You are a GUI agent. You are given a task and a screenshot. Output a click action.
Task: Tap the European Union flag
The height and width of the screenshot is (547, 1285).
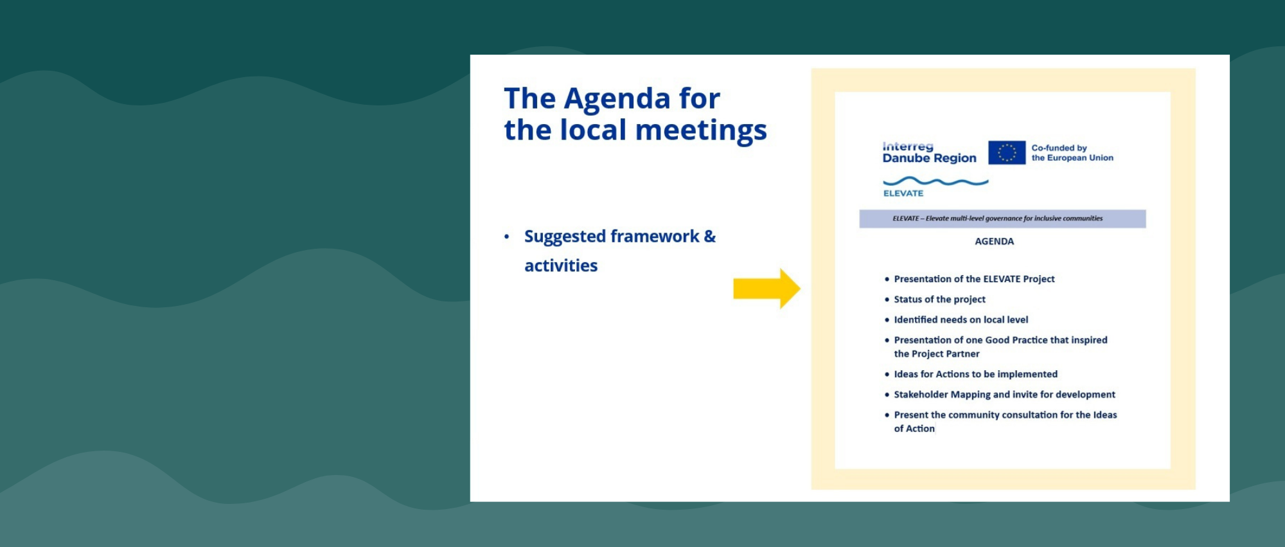(1007, 153)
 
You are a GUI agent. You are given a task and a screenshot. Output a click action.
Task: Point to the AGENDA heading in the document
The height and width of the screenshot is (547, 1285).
(994, 242)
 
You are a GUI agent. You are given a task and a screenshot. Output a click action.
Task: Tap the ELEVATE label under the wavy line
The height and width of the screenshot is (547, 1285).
(903, 193)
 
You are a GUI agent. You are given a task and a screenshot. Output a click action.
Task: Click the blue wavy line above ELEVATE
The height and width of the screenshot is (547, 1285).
(935, 181)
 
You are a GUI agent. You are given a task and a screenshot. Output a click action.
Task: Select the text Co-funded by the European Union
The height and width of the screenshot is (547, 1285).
(1072, 153)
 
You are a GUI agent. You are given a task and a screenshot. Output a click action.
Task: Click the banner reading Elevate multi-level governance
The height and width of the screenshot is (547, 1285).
(1002, 219)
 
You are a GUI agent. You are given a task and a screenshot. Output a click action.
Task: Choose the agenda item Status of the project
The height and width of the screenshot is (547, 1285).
(939, 300)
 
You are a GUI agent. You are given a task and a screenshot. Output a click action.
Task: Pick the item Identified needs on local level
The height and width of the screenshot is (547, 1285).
(961, 320)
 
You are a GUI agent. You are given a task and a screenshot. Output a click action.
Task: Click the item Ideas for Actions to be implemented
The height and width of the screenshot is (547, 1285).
(975, 374)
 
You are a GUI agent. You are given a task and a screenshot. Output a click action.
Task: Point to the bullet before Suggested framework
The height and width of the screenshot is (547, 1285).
(507, 237)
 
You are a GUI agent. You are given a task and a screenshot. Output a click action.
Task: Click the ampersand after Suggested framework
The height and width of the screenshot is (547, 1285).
(709, 237)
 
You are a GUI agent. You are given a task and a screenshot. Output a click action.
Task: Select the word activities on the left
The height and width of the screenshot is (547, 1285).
(561, 265)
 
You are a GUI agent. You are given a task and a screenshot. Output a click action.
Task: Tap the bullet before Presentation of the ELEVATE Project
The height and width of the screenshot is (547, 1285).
(887, 279)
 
